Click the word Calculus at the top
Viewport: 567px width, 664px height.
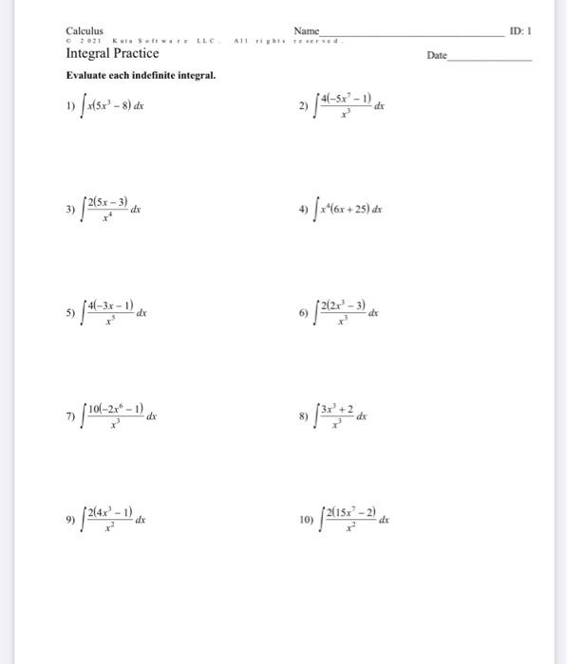85,31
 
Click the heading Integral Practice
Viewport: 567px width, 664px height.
111,53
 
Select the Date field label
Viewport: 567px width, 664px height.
436,56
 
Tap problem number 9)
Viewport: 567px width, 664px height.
70,520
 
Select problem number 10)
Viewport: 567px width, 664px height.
305,520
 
